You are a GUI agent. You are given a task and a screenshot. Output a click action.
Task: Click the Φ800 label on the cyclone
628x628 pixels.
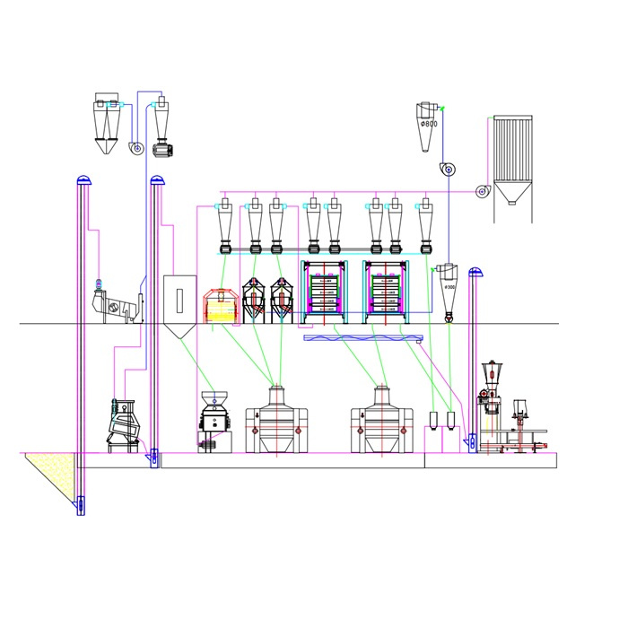(430, 124)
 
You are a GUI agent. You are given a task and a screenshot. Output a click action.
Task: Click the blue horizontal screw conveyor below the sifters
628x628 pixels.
(362, 337)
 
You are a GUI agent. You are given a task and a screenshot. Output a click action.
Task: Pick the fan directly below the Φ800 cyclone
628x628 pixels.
(446, 169)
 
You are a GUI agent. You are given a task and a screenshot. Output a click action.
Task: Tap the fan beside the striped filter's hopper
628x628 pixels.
(482, 190)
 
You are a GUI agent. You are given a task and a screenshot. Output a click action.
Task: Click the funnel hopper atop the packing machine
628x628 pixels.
(490, 370)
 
